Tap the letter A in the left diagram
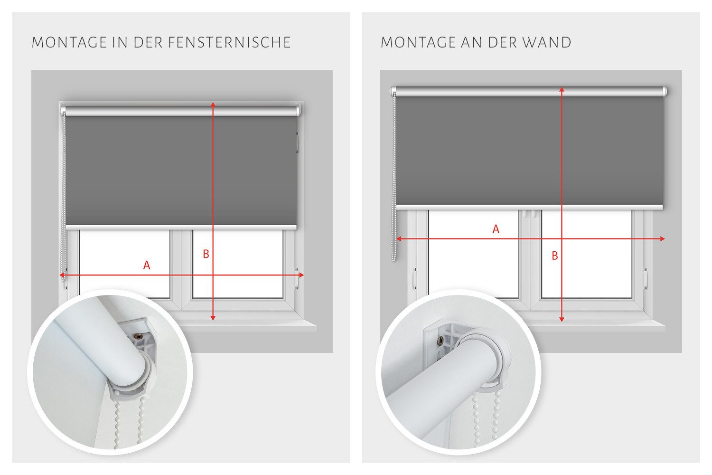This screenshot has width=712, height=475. point(147,266)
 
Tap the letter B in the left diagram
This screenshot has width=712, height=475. point(206,255)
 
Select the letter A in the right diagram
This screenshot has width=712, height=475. point(496,229)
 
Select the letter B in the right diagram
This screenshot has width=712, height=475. point(555,256)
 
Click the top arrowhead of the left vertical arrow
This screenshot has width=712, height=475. point(213,104)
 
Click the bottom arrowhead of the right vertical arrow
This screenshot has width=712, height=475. point(562,319)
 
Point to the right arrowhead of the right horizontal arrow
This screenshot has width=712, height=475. point(662,239)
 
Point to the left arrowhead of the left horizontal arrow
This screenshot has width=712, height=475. point(62,275)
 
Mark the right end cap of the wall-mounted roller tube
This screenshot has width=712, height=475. point(665,91)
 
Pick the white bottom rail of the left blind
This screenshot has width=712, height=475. point(180,228)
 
